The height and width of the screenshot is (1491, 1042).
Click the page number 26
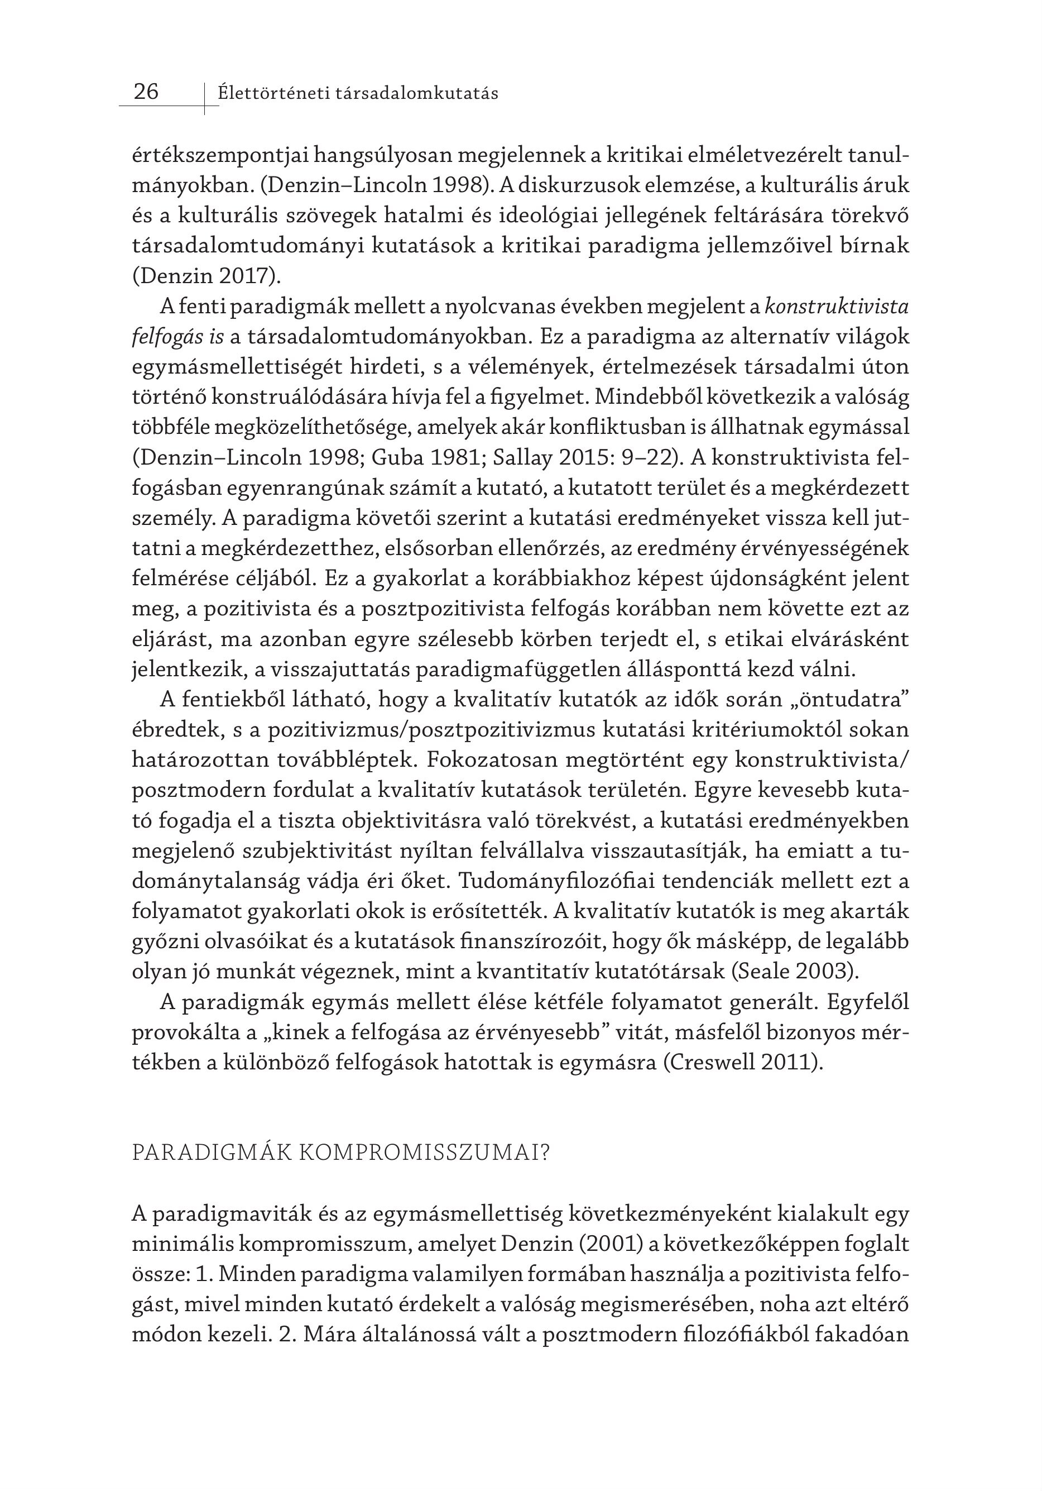[146, 92]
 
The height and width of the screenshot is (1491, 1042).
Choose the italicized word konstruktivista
[837, 307]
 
